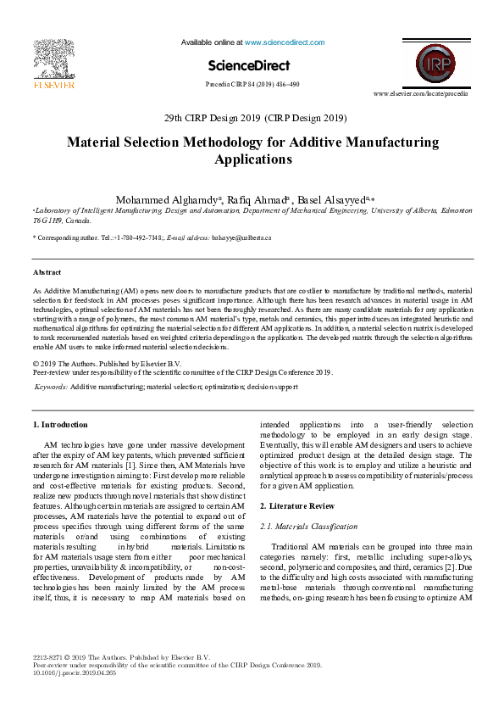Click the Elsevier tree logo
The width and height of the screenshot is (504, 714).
tap(54, 59)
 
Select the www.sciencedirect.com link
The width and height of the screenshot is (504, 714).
tap(285, 42)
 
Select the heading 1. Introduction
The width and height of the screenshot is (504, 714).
tap(59, 424)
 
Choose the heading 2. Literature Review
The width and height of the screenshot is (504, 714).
tap(296, 505)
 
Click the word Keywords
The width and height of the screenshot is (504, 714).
tap(51, 386)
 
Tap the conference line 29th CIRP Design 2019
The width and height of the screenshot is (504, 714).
tap(252, 117)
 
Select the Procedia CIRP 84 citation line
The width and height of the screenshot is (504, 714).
tap(252, 85)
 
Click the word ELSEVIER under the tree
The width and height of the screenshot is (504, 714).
tap(53, 85)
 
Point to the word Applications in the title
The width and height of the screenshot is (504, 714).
tap(253, 159)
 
